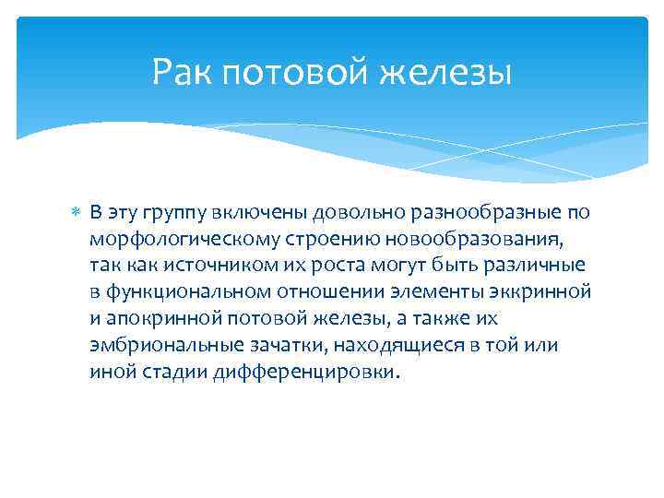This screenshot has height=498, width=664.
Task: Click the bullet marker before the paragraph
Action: (x=77, y=213)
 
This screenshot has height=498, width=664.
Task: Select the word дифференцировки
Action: (x=310, y=373)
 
